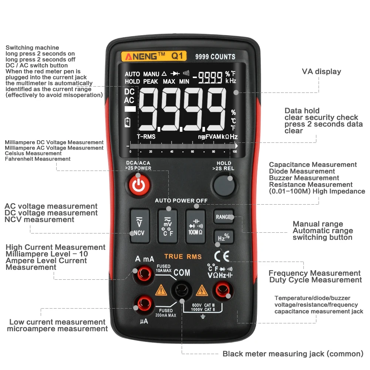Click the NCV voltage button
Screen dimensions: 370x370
[139, 226]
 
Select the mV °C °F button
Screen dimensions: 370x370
[167, 226]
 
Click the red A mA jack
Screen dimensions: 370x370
[143, 275]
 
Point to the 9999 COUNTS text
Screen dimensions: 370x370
[215, 57]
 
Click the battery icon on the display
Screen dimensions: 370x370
[128, 122]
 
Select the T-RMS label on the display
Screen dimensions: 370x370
[146, 137]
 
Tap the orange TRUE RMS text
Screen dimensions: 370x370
[183, 256]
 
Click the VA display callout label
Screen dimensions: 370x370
[321, 71]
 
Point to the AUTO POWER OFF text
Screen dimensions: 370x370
[181, 201]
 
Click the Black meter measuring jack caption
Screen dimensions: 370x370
[293, 354]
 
